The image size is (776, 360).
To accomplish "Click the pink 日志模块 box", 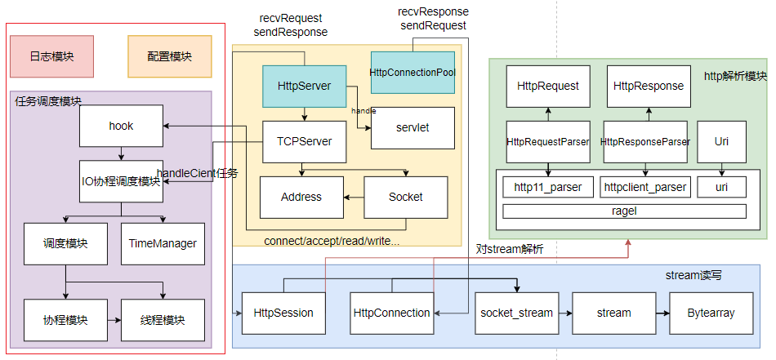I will tap(51, 56).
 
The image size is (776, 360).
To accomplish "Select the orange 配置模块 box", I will tap(170, 56).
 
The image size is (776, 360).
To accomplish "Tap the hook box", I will tap(121, 126).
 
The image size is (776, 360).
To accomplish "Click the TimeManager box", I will tap(163, 243).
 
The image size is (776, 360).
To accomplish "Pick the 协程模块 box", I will tap(65, 319).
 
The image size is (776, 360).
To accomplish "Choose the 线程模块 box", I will tap(163, 319).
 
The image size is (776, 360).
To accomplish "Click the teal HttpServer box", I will tap(304, 86).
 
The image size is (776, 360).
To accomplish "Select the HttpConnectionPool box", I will tap(413, 72).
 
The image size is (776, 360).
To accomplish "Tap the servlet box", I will tap(413, 127).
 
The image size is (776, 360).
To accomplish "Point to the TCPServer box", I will tap(304, 141).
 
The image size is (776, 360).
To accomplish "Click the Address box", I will tap(301, 197).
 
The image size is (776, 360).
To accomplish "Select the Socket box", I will tap(406, 197).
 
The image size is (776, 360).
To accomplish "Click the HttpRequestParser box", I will tap(547, 141).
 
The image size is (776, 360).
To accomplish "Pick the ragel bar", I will tap(624, 211).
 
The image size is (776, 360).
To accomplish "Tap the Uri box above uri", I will tap(721, 141).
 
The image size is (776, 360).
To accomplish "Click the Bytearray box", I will tap(711, 313).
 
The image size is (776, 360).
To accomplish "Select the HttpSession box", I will tap(283, 313).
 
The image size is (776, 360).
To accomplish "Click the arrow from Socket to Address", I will tap(353, 197).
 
